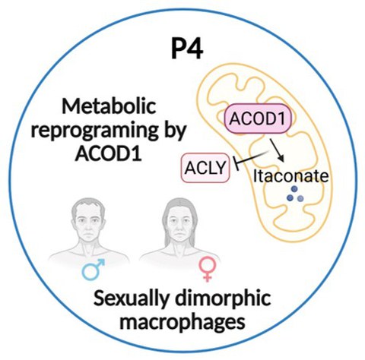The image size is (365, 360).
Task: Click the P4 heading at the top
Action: pos(187,49)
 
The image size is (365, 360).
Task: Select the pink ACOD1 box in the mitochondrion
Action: pos(259,118)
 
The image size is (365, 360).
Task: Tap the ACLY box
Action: pos(205,168)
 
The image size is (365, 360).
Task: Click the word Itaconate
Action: pos(291,175)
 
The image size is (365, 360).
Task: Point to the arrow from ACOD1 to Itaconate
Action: pos(277,150)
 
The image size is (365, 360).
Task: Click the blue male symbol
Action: pos(94,269)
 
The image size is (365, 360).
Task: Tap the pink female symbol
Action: pos(208,269)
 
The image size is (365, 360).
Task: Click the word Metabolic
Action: pos(109,106)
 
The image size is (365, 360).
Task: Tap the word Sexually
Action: pos(131,298)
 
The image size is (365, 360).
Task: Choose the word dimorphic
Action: pos(223,298)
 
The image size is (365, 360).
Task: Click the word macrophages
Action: pos(182,322)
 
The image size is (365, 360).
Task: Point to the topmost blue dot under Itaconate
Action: pos(294,188)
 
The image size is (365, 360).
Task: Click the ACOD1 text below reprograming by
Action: pos(108,153)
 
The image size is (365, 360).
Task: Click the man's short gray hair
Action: pos(88,206)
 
